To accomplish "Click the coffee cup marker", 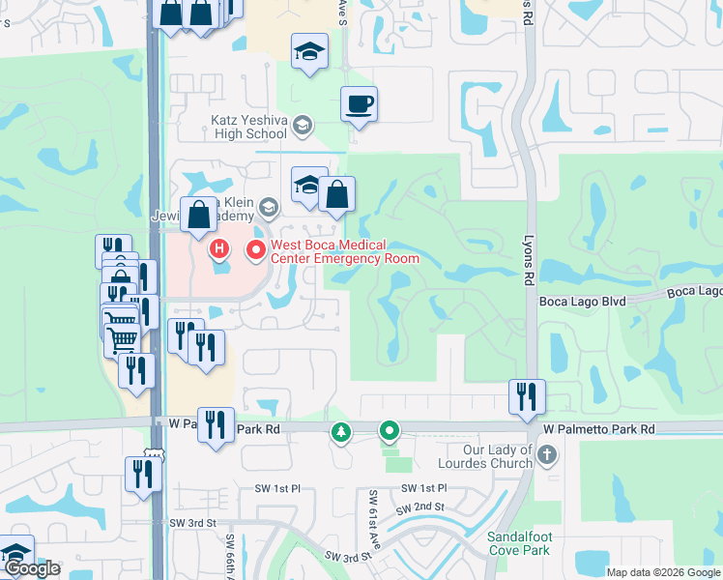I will (359, 103).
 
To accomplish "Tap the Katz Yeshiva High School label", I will (249, 127).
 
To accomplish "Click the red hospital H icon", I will (219, 250).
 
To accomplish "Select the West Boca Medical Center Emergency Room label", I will (344, 251).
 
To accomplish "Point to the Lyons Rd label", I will (529, 262).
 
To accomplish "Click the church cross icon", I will (547, 454).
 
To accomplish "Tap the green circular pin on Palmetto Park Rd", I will (390, 430).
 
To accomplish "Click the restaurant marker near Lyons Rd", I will (527, 395).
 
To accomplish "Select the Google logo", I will (33, 568).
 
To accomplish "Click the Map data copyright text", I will (663, 571).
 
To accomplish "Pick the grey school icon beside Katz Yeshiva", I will (303, 125).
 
